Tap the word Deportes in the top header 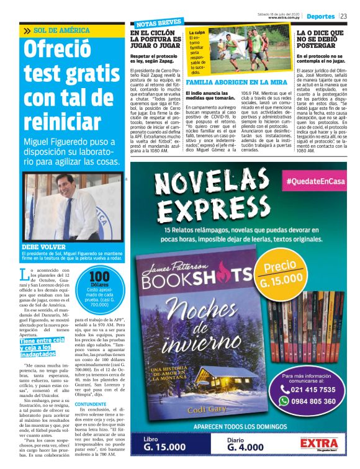coord(321,16)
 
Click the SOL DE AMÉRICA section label coord(61,30)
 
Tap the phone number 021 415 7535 coord(308,389)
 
